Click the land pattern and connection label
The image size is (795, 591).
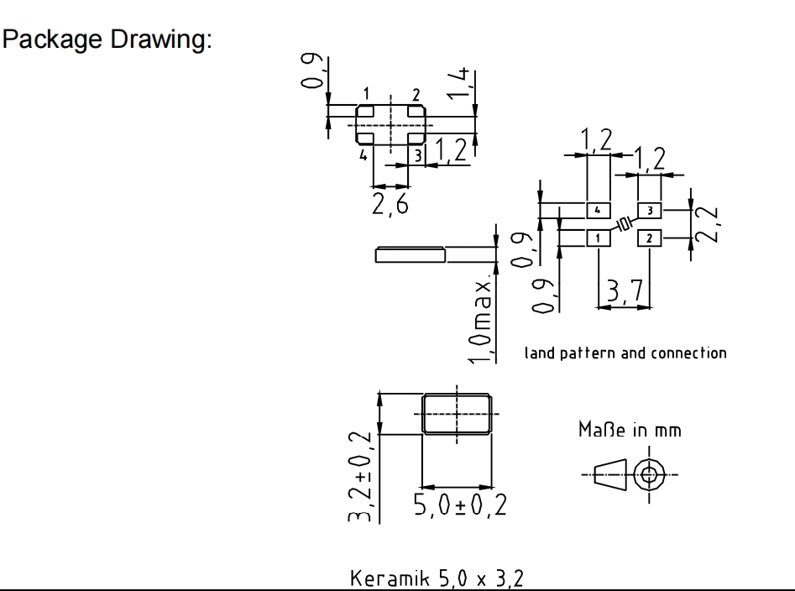[x=625, y=353]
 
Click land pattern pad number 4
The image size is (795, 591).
[x=597, y=208]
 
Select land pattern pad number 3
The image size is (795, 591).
[x=650, y=208]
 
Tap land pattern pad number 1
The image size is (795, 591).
[x=597, y=238]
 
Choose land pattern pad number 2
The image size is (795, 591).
[x=650, y=238]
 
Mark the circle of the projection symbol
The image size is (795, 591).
[x=648, y=474]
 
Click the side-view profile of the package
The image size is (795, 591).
[x=411, y=254]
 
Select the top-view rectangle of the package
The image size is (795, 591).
[x=455, y=414]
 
